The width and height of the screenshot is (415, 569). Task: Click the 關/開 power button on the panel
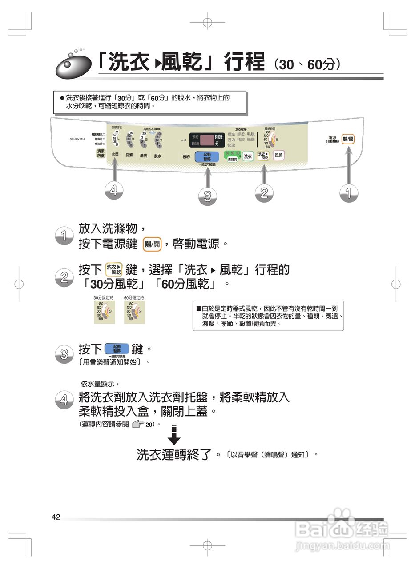[348, 140]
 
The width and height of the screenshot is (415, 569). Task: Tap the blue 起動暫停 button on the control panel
[207, 156]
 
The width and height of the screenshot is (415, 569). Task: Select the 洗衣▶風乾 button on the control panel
[264, 156]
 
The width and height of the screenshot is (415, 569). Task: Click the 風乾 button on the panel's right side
[278, 155]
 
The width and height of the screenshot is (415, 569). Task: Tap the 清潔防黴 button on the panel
[101, 153]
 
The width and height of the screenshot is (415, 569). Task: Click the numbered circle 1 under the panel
[348, 192]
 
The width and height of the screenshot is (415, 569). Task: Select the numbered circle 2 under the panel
[264, 192]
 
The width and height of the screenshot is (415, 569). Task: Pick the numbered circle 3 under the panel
[207, 196]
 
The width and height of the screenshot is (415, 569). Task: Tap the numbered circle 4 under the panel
[114, 190]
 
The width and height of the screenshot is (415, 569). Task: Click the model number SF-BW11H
[77, 139]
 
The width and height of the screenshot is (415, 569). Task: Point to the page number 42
[56, 517]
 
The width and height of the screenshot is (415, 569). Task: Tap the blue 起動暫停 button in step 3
[117, 349]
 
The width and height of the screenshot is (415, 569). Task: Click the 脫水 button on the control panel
[157, 156]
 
